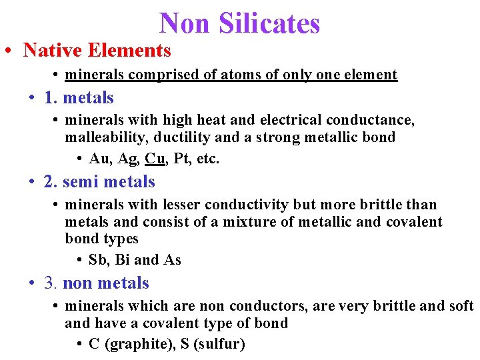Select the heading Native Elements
(97, 50)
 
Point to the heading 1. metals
(79, 97)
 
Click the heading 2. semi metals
(99, 181)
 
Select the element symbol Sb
(97, 260)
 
